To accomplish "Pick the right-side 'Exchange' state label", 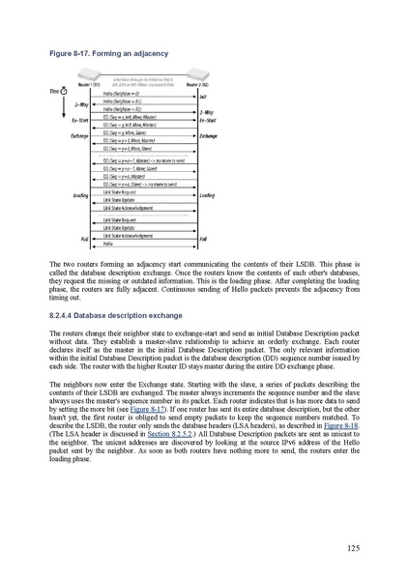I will (208, 136).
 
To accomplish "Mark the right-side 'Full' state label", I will (204, 238).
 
